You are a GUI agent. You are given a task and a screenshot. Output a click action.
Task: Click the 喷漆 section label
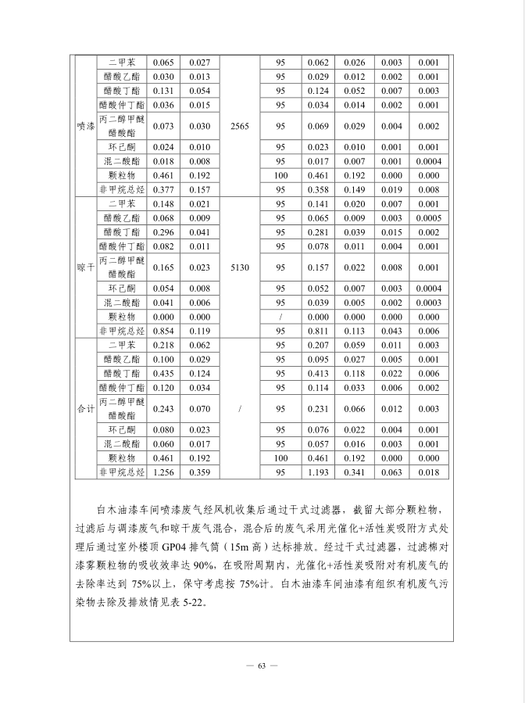(x=85, y=126)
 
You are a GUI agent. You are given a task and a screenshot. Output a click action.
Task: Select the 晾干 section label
(x=85, y=267)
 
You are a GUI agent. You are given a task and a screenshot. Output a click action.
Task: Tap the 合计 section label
(x=85, y=408)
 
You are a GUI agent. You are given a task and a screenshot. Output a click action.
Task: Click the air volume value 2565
(x=240, y=126)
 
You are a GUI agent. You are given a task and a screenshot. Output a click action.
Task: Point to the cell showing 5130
(x=240, y=267)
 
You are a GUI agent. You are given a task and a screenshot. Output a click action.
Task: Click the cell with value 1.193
(x=319, y=472)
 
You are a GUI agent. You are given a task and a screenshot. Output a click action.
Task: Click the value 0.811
(x=319, y=331)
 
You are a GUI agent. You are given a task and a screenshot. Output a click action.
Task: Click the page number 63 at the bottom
(x=262, y=665)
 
